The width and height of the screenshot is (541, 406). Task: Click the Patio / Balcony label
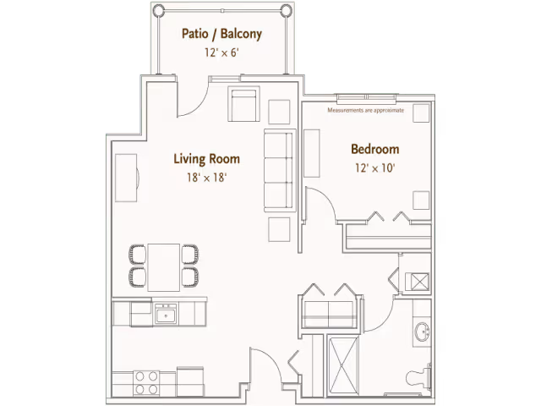coord(221,34)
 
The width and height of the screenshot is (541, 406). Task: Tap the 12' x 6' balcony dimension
coord(221,52)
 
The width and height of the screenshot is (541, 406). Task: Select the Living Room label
coord(206,159)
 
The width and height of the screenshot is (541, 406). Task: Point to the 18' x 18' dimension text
coord(206,178)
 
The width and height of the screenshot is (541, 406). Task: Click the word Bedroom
coord(375,149)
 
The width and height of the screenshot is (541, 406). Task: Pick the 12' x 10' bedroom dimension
coord(375,168)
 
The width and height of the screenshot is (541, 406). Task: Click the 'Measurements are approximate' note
coord(365,110)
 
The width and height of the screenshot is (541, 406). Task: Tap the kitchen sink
coord(166,314)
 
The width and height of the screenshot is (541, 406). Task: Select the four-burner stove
coord(146,383)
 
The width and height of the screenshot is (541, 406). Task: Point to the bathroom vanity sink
coord(422,332)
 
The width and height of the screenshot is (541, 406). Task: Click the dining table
coord(163,267)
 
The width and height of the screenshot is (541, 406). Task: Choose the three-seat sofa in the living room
coord(280,170)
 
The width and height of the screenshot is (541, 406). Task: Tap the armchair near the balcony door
coord(243,104)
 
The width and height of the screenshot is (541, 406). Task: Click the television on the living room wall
coord(126,178)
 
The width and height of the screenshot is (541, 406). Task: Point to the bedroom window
coord(367,97)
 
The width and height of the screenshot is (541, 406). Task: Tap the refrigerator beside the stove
coord(190,381)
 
